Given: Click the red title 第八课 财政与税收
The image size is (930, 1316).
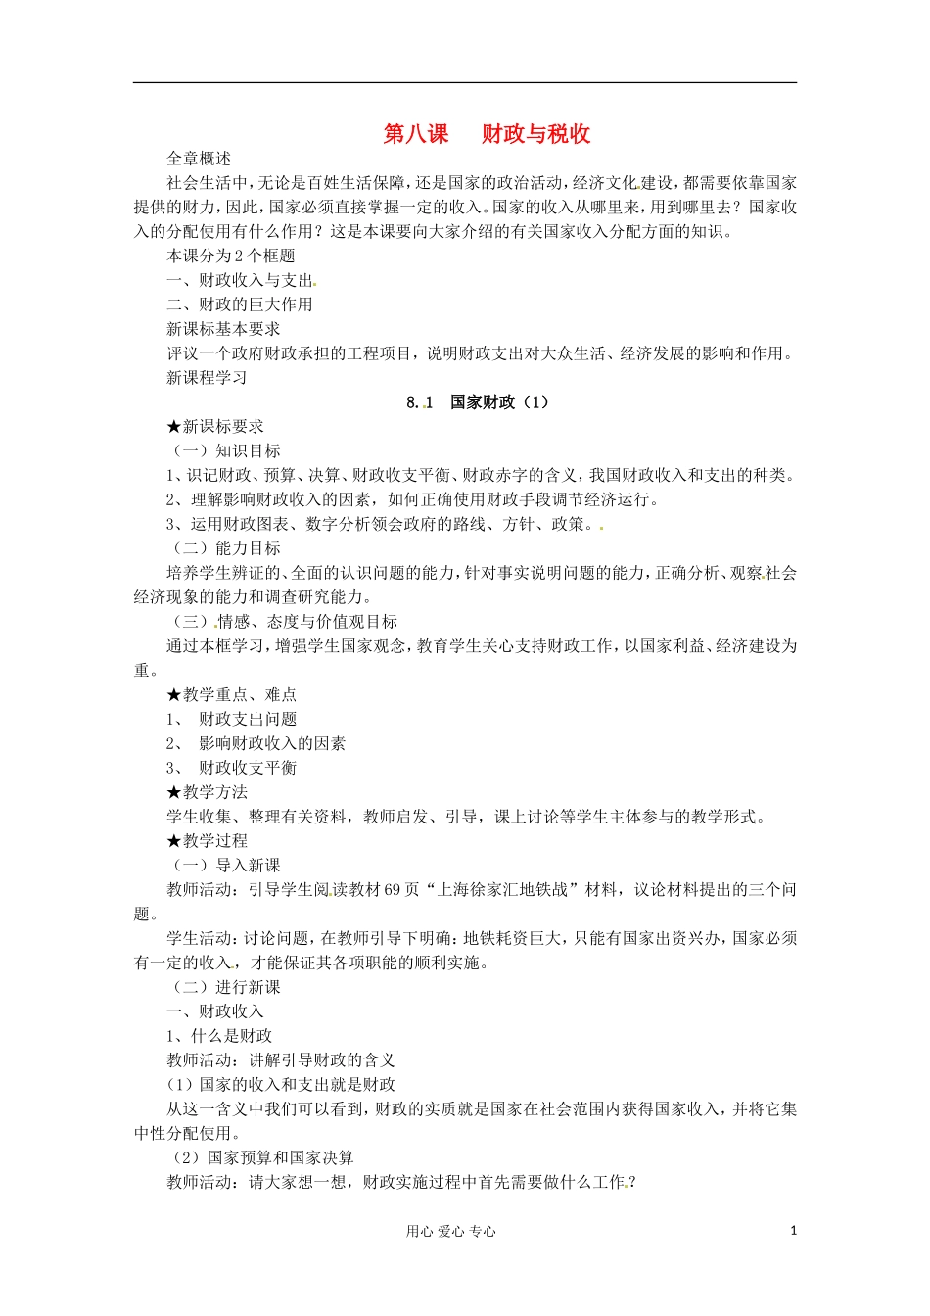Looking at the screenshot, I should click(487, 134).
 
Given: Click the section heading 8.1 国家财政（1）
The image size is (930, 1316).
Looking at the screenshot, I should click(478, 402).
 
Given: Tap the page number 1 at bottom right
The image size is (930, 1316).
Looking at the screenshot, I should click(793, 1231).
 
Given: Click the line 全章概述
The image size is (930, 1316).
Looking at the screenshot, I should click(199, 159).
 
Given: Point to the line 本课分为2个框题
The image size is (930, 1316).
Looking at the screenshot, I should click(231, 256).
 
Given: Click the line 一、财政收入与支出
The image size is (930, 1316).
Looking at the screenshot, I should click(240, 280).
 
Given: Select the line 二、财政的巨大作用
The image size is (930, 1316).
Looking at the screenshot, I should click(240, 305).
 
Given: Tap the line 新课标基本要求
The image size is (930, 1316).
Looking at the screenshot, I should click(223, 329).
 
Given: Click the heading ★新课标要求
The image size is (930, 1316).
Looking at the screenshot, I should click(215, 427).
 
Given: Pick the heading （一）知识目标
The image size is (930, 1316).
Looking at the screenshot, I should click(226, 451).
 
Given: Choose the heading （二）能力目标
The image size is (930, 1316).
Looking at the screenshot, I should click(226, 548).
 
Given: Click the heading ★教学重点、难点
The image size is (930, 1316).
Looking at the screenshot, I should click(232, 695).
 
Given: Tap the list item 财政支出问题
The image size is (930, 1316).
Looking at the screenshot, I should click(248, 720).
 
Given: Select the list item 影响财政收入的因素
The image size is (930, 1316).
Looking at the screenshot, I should click(272, 744).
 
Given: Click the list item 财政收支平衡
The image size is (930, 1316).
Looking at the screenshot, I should click(248, 769).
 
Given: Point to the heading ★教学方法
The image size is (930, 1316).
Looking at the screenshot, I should click(208, 792).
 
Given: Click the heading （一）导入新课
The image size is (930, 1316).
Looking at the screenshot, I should click(226, 866).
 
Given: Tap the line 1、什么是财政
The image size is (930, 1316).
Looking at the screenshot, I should click(219, 1036).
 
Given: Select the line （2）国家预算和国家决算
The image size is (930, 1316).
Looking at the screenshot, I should click(262, 1158).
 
